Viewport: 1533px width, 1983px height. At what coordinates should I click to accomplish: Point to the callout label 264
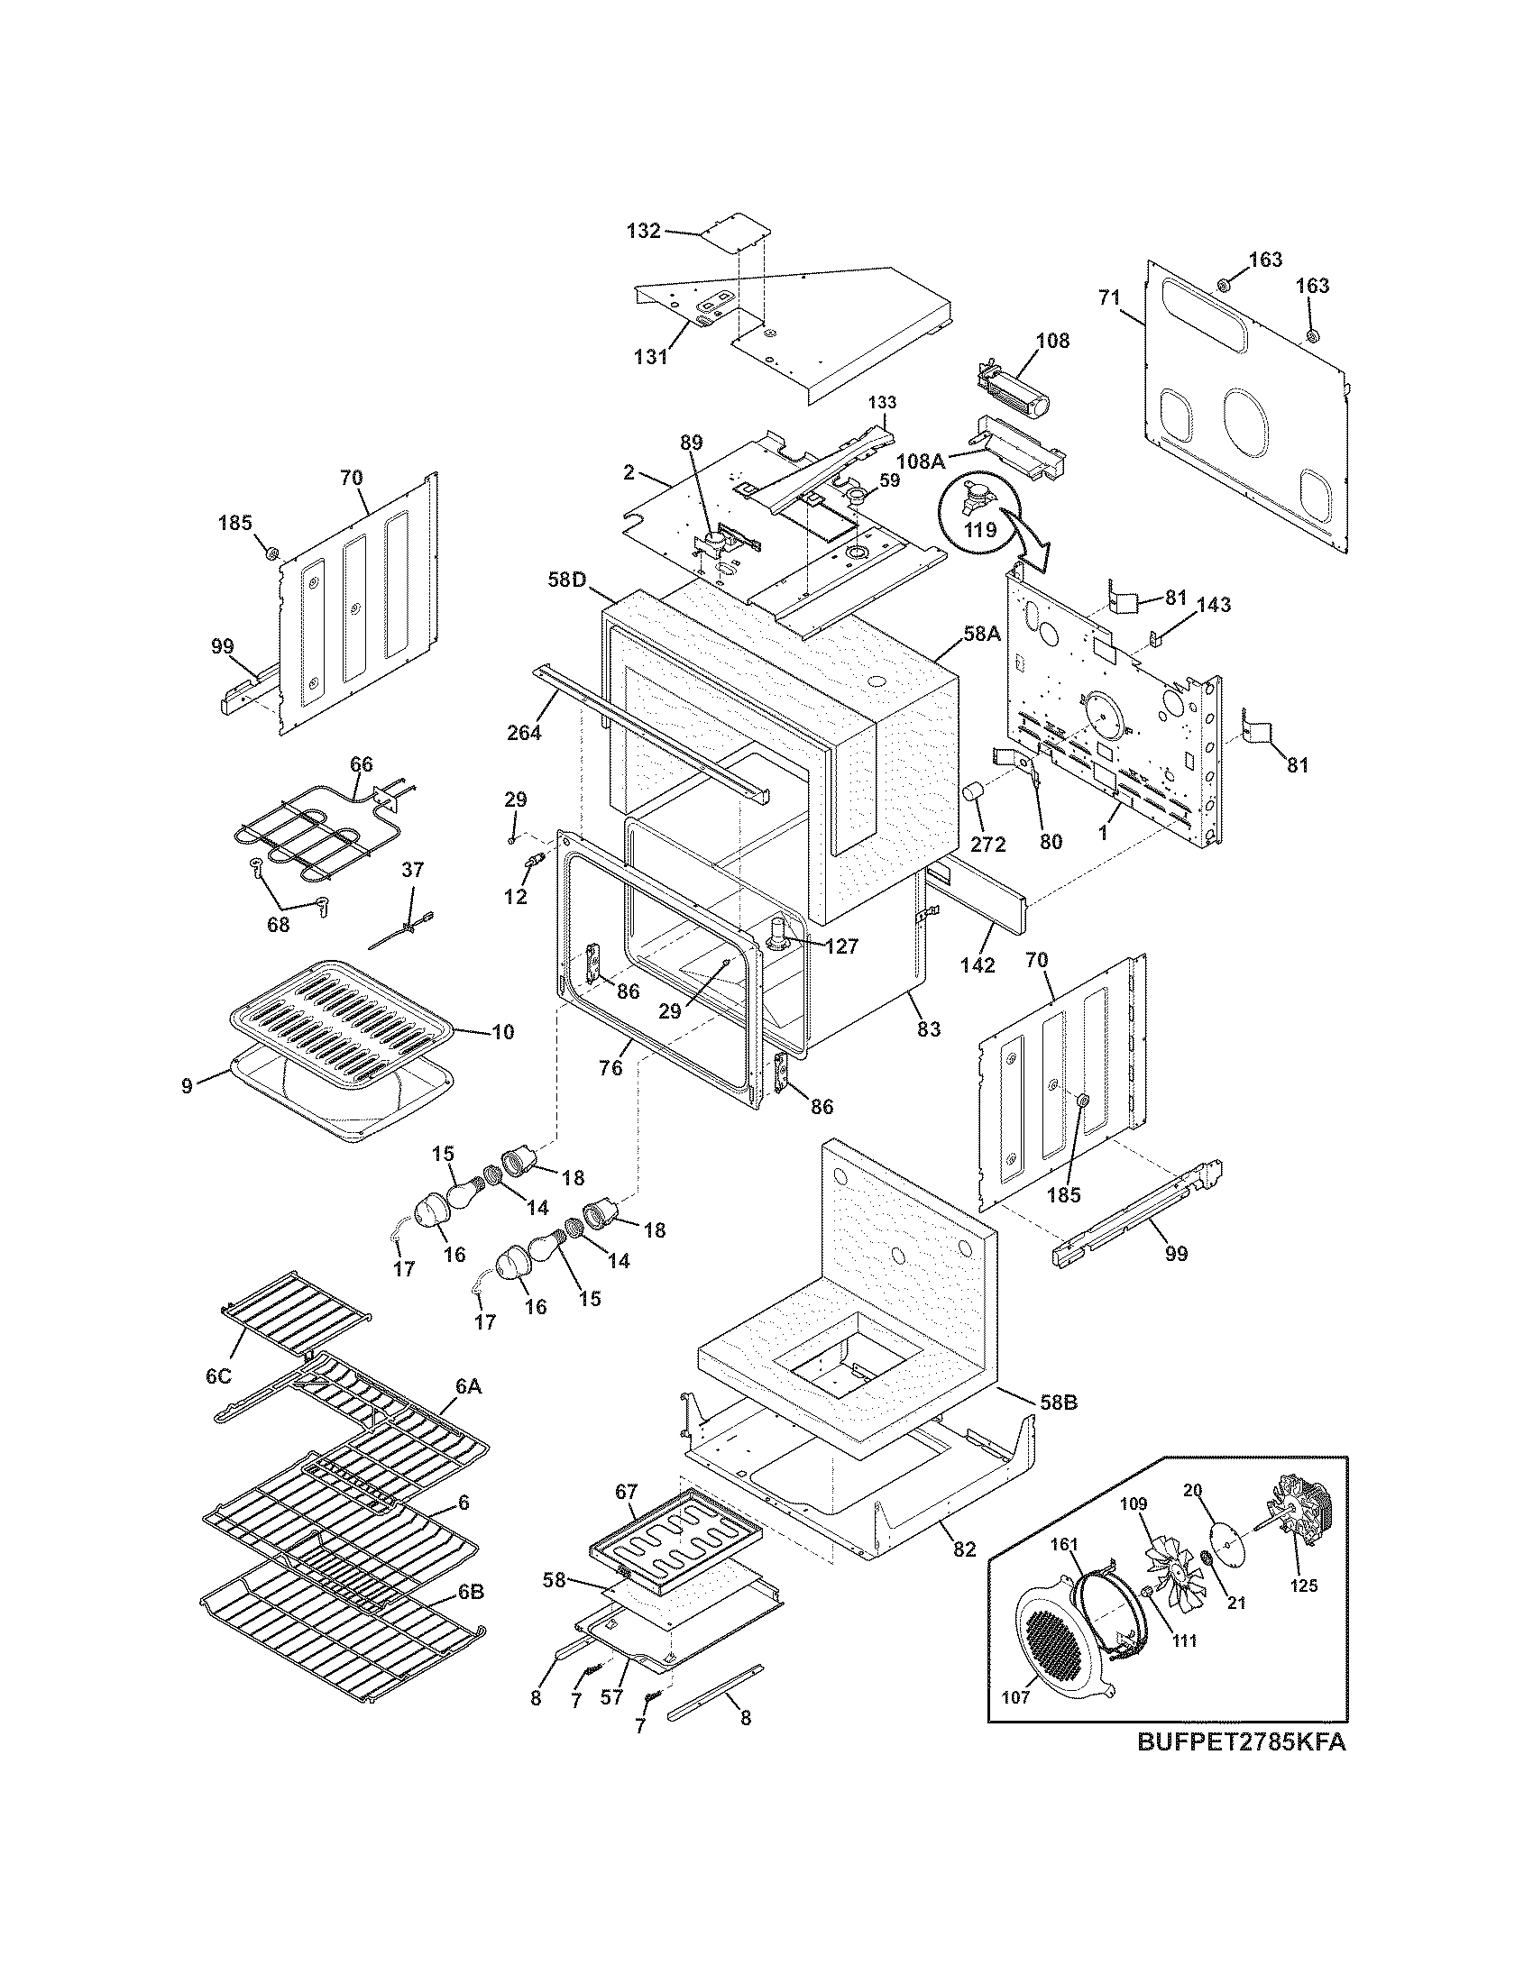click(x=524, y=732)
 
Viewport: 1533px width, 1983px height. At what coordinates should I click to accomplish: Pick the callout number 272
click(x=987, y=845)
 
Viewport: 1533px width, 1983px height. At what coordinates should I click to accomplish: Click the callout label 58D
click(x=567, y=579)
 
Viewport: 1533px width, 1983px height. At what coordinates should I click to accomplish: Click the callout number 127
click(x=841, y=946)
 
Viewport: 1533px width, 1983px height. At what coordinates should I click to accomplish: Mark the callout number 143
click(x=1212, y=604)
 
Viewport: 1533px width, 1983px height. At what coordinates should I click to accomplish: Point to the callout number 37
click(x=412, y=869)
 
